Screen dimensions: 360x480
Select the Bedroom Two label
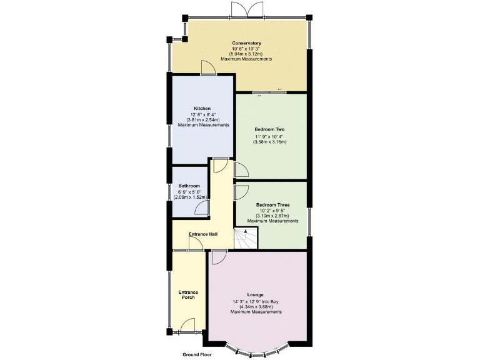pos(269,129)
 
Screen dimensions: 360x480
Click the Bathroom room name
pos(189,186)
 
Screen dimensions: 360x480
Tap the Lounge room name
pos(255,295)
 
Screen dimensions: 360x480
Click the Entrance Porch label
pos(188,295)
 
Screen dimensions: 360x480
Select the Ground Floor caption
pos(197,354)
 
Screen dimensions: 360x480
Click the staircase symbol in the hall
pos(246,238)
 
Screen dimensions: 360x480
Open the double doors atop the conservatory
pos(240,10)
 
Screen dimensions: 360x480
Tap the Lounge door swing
pos(218,257)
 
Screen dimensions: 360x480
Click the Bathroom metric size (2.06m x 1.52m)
pos(190,197)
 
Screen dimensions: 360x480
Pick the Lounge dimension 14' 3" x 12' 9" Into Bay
pos(256,301)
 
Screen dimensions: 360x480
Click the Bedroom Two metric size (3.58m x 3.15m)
pos(269,142)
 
